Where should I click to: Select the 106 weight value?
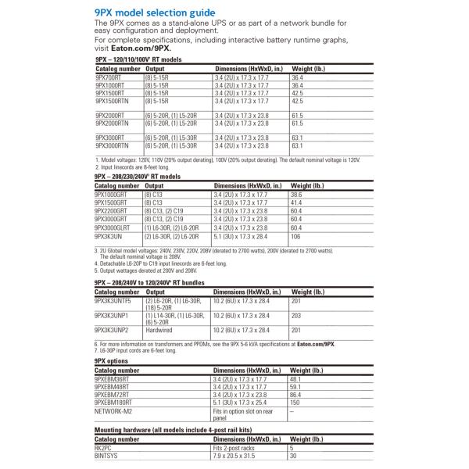click(296, 236)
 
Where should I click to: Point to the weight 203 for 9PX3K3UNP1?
click(297, 314)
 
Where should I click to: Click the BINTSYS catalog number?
click(107, 456)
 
